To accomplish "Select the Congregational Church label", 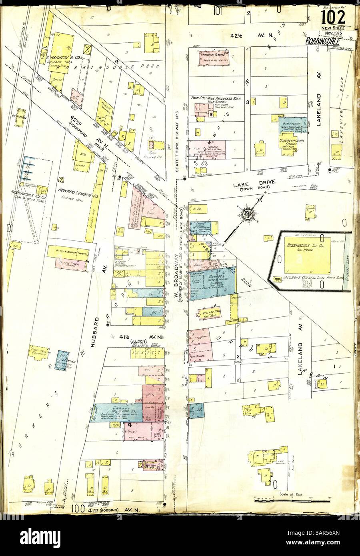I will click(x=292, y=143).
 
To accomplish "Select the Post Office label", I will click(x=199, y=355).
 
